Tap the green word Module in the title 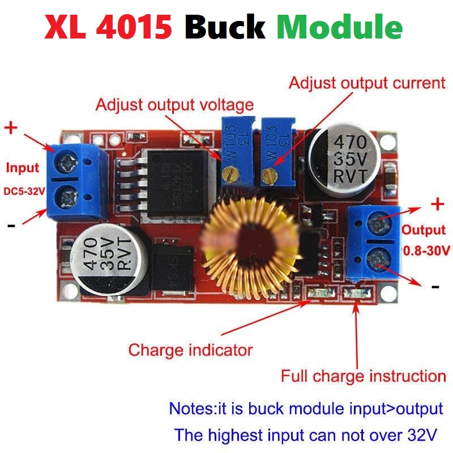pyautogui.click(x=340, y=27)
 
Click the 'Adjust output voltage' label pyautogui.click(x=174, y=105)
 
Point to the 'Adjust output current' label pyautogui.click(x=367, y=83)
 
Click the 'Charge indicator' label pyautogui.click(x=190, y=349)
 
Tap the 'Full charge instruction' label pyautogui.click(x=364, y=376)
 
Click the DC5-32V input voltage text pyautogui.click(x=24, y=191)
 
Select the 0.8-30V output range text pyautogui.click(x=426, y=250)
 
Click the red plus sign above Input pyautogui.click(x=11, y=127)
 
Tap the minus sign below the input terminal pyautogui.click(x=11, y=225)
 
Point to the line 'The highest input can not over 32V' pyautogui.click(x=306, y=435)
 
